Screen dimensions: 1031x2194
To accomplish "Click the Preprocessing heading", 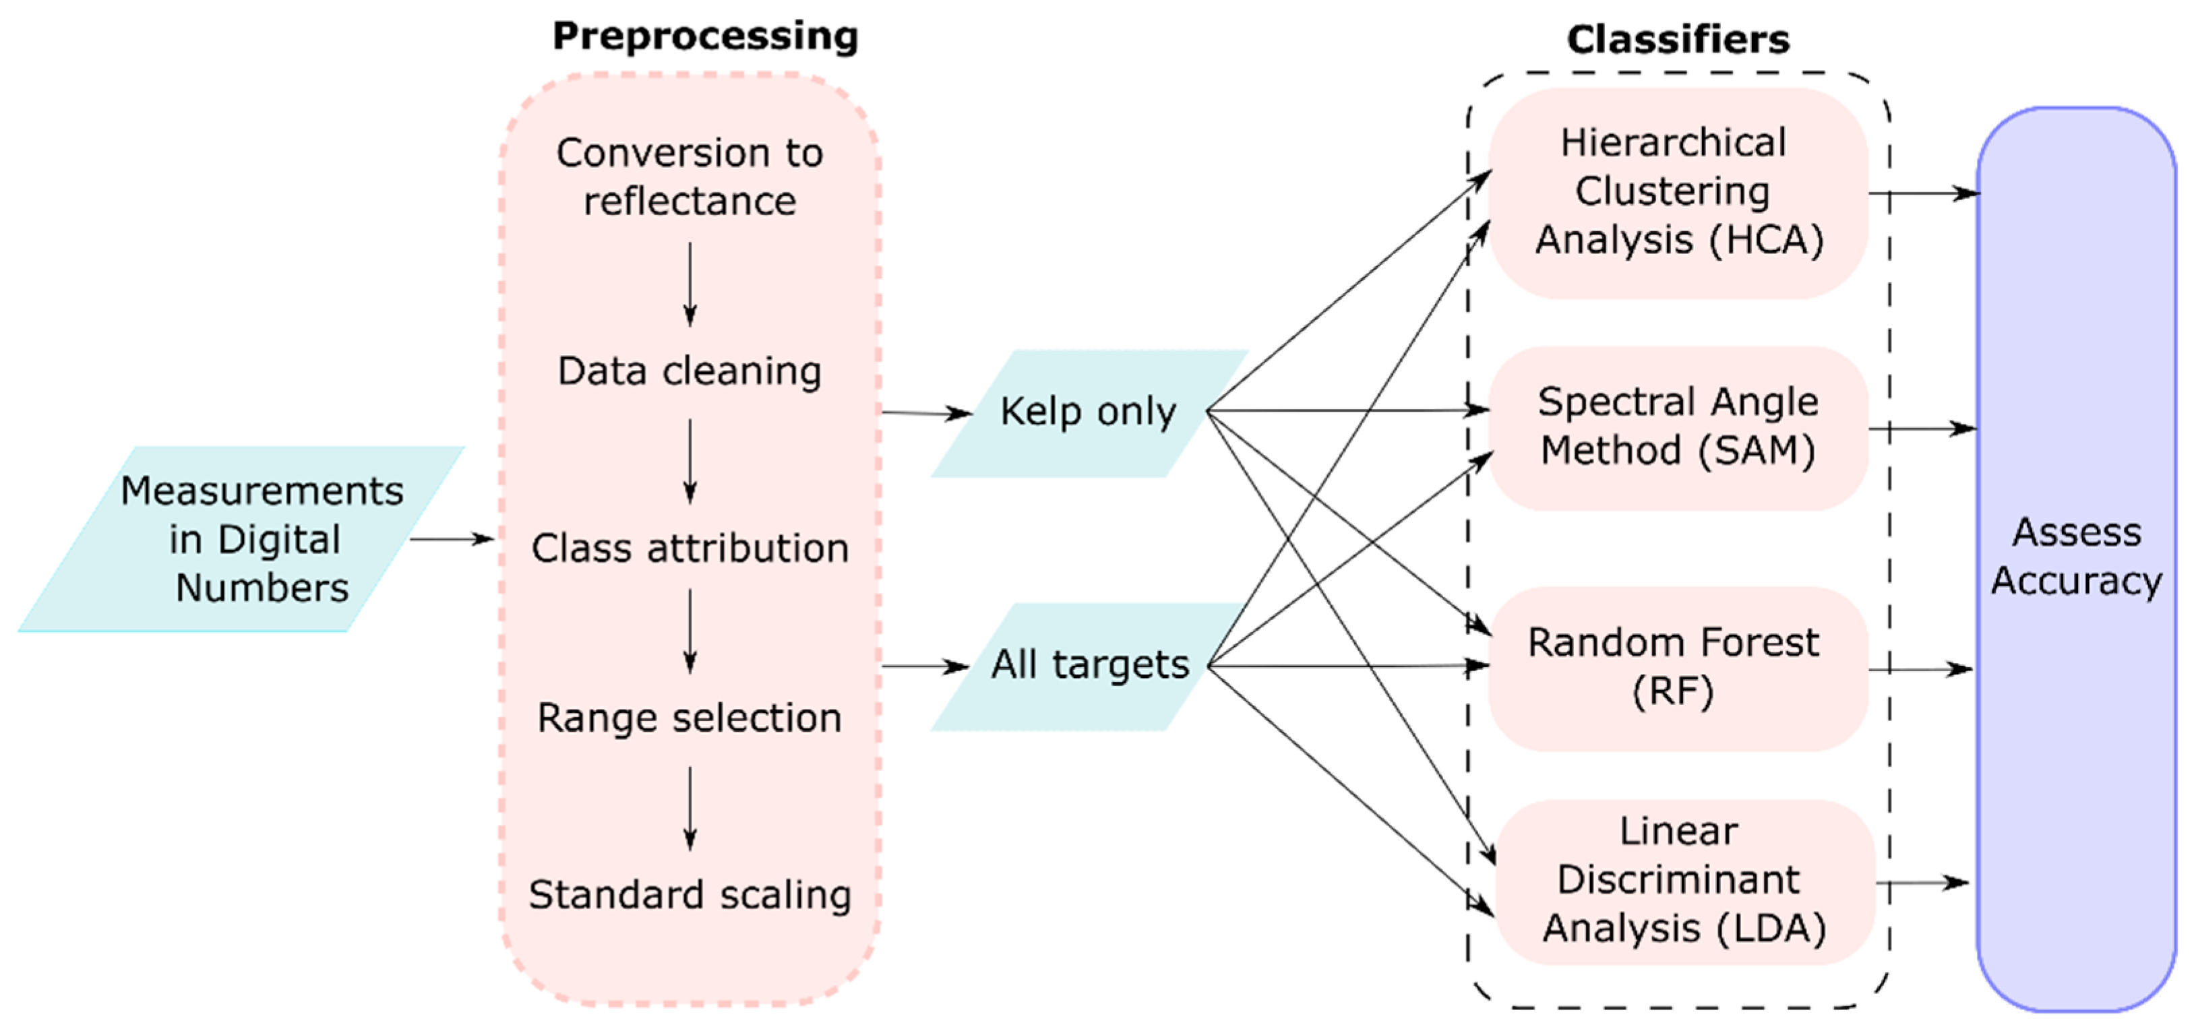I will (705, 36).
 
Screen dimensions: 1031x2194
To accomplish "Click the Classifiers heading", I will (1678, 40).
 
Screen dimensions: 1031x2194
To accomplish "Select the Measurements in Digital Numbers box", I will (255, 539).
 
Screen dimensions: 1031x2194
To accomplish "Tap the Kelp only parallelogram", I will (1089, 413).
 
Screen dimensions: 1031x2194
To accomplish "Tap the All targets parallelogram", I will (1089, 665).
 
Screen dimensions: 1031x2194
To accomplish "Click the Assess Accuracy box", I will (2075, 558).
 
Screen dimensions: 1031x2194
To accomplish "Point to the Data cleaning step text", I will (689, 372).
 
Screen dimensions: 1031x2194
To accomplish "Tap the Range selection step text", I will (689, 718).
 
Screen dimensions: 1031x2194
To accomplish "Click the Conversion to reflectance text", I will (689, 177).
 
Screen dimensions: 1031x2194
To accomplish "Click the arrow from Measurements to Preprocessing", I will (452, 539).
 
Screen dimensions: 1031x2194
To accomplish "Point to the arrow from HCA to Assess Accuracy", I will (1923, 193).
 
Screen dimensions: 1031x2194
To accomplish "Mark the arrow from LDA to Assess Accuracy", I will (1923, 883).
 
